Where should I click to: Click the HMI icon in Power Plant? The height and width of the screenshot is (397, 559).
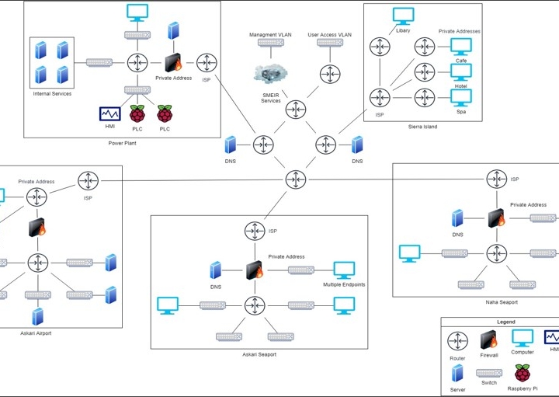tap(108, 114)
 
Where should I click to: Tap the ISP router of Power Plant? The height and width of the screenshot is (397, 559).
tap(207, 61)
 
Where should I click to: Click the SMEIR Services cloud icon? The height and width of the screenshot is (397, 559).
tap(270, 72)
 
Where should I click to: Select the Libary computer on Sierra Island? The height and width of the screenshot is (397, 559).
tap(402, 16)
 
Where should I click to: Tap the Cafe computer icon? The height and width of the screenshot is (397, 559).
tap(461, 47)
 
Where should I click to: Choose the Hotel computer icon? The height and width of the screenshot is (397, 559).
tap(461, 72)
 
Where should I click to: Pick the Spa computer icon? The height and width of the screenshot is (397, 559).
tap(461, 97)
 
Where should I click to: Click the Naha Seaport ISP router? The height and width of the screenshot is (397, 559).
tap(497, 179)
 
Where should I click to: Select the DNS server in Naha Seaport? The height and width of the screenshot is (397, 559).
tap(458, 219)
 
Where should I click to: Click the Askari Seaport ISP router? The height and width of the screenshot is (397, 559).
tap(254, 231)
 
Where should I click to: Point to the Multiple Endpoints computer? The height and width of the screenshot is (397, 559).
tap(344, 270)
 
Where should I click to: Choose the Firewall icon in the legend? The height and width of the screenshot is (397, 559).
tap(489, 340)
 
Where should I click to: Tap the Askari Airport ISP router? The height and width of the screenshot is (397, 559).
tap(87, 181)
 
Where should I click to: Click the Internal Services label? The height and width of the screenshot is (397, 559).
tap(52, 94)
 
